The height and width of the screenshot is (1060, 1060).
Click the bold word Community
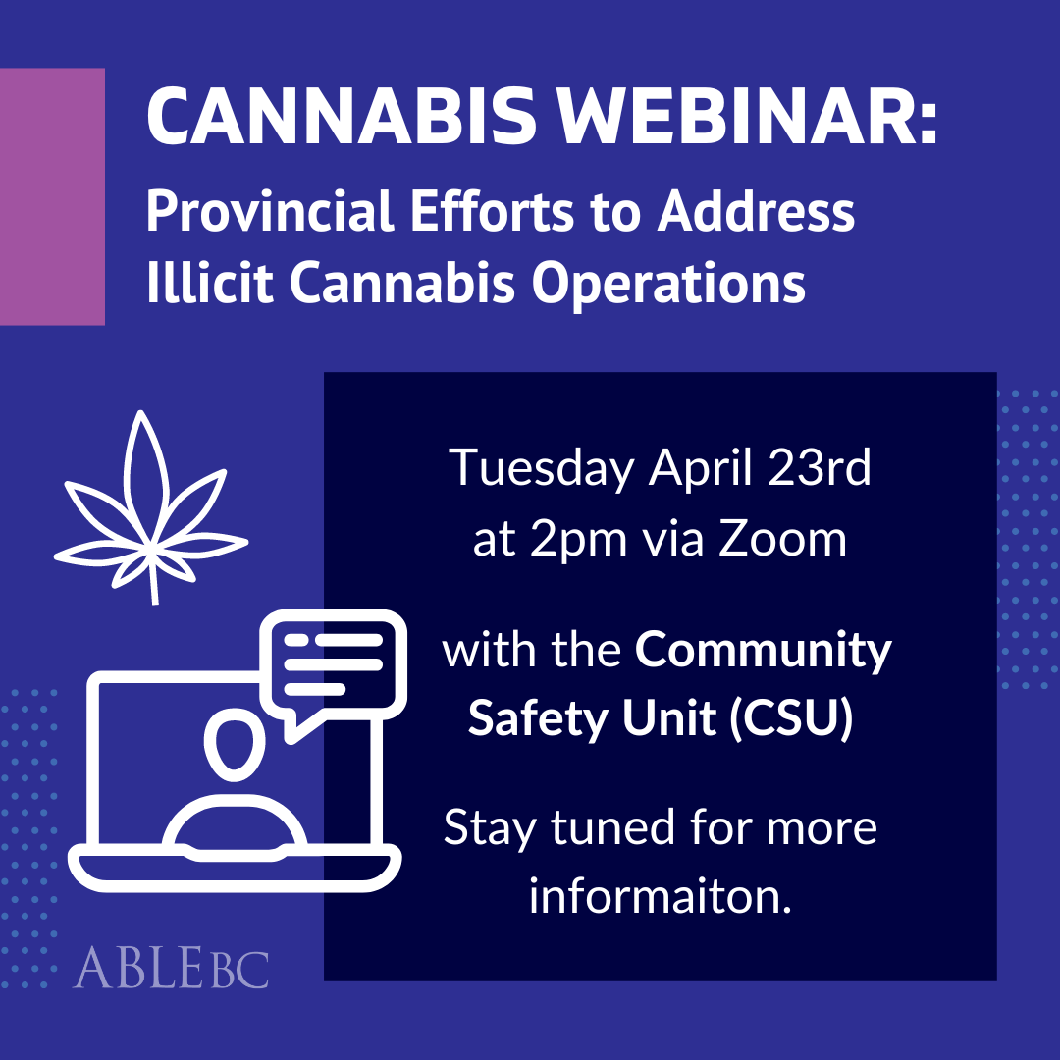pyautogui.click(x=763, y=652)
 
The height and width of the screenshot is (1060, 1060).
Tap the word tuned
pyautogui.click(x=606, y=828)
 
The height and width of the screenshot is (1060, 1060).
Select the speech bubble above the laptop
pyautogui.click(x=334, y=668)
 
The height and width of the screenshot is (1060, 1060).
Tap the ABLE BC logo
pyautogui.click(x=171, y=967)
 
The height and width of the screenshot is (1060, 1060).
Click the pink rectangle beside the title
pyautogui.click(x=52, y=196)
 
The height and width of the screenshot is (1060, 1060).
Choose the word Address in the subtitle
pyautogui.click(x=757, y=213)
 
